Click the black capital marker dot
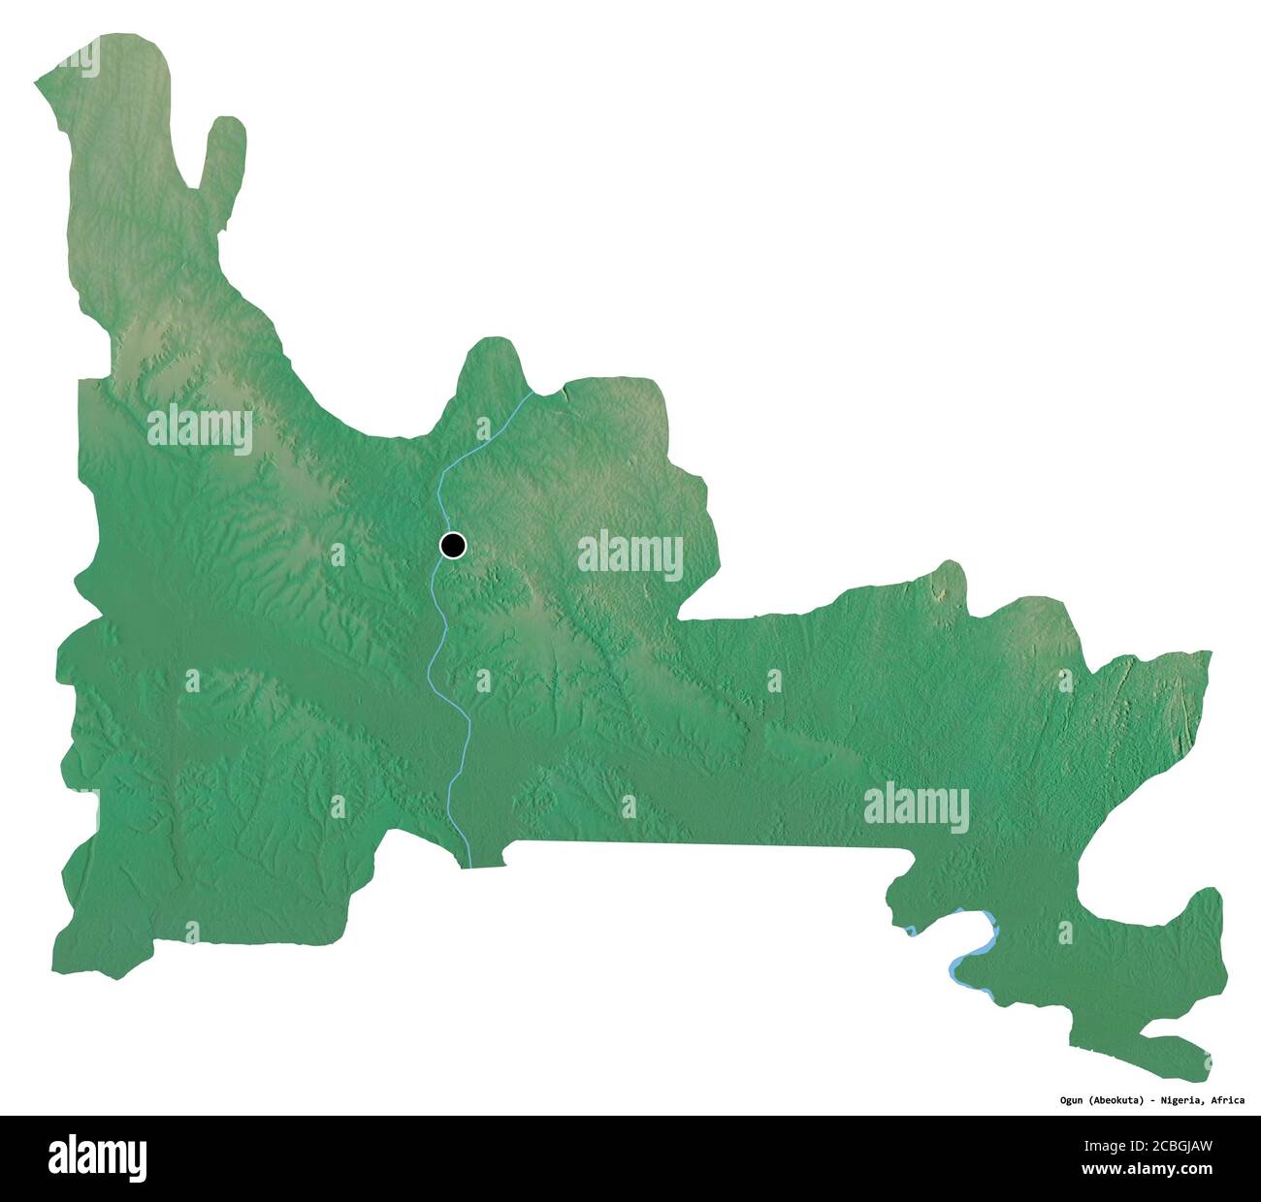(x=452, y=547)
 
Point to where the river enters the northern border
(x=532, y=394)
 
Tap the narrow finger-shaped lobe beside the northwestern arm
(x=222, y=155)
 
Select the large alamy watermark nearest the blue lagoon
(x=916, y=807)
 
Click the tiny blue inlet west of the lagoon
(x=911, y=931)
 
